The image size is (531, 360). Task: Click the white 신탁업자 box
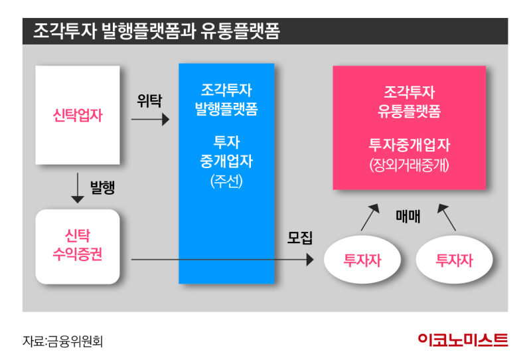tap(78, 115)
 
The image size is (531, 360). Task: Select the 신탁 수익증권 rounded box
tap(78, 246)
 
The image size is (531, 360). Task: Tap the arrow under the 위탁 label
tap(150, 120)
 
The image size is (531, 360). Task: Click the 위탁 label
tap(149, 101)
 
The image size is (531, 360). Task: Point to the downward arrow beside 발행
tap(78, 188)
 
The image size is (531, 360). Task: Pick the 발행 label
tap(102, 187)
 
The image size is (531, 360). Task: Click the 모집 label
tap(300, 238)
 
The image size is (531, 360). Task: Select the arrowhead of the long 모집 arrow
tap(310, 260)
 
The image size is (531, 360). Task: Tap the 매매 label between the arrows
tap(408, 217)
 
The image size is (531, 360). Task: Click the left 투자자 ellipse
tap(362, 260)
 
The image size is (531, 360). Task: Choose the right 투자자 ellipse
tap(454, 260)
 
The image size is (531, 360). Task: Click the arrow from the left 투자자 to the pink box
tap(370, 217)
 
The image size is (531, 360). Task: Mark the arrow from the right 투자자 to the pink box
tap(447, 217)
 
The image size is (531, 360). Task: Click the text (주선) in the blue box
tap(226, 181)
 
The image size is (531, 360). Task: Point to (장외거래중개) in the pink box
tap(409, 165)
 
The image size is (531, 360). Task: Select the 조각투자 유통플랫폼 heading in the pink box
tap(409, 102)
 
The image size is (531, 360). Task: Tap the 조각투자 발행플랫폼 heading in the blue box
tap(226, 100)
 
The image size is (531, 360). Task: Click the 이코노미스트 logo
tap(463, 340)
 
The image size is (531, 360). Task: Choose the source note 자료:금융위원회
tap(62, 341)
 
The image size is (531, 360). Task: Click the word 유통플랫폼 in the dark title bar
tap(240, 31)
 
